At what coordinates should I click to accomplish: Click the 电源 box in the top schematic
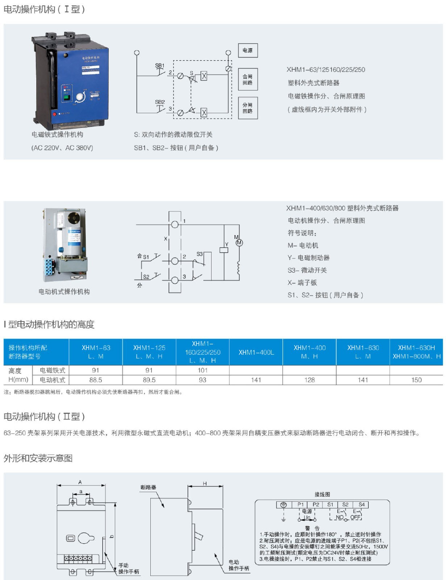coord(248,50)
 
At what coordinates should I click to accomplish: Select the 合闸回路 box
coord(248,79)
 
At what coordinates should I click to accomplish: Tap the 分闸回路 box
coord(248,108)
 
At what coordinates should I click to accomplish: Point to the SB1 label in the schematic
coord(160,66)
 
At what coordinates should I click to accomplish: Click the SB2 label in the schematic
coord(160,102)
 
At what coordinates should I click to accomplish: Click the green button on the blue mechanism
coord(67,97)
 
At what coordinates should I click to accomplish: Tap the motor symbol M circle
coord(239,243)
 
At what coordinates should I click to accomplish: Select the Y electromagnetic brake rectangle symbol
coord(224,250)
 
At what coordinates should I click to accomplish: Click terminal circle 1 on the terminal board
coord(175,224)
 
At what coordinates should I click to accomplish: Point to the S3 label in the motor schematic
coord(200,254)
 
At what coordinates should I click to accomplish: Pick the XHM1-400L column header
coord(256,352)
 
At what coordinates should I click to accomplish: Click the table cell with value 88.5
coord(96,380)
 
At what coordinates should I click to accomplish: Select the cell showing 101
coord(203,370)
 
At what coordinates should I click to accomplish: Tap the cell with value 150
coord(416,380)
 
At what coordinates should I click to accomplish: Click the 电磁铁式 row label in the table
coord(53,370)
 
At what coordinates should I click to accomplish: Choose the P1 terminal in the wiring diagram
coord(301,505)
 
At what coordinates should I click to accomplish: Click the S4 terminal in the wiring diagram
coord(362,505)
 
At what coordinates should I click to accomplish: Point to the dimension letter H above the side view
coord(205,484)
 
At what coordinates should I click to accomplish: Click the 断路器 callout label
coord(148,487)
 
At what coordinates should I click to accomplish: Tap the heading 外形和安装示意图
coord(38,458)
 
